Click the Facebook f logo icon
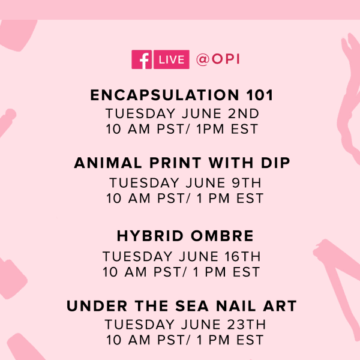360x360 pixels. pyautogui.click(x=142, y=59)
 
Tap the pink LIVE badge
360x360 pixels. pyautogui.click(x=171, y=59)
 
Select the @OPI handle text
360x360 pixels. pyautogui.click(x=218, y=59)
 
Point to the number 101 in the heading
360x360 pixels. pyautogui.click(x=259, y=95)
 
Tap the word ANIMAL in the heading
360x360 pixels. pyautogui.click(x=107, y=163)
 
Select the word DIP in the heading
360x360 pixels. pyautogui.click(x=275, y=163)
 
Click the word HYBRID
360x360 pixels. pyautogui.click(x=150, y=236)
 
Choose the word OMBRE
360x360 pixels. pyautogui.click(x=222, y=236)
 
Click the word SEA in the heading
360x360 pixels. pyautogui.click(x=192, y=306)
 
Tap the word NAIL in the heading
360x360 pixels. pyautogui.click(x=236, y=306)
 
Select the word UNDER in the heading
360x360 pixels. pyautogui.click(x=97, y=306)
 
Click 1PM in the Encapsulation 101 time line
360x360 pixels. pyautogui.click(x=210, y=129)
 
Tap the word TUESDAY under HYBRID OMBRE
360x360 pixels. pyautogui.click(x=137, y=256)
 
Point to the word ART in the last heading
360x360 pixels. pyautogui.click(x=280, y=306)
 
